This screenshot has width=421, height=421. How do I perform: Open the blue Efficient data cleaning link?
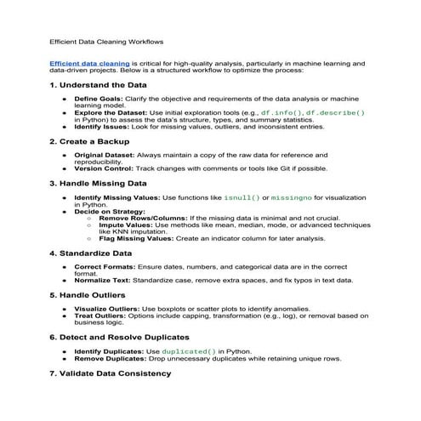click(90, 64)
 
